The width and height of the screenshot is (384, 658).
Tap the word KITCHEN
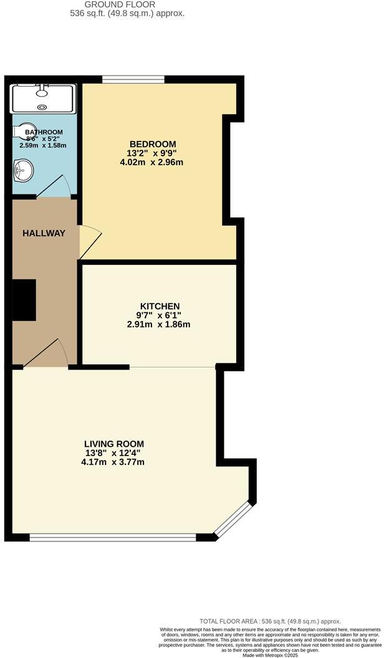pyautogui.click(x=160, y=306)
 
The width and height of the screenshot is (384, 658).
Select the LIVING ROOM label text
pyautogui.click(x=114, y=444)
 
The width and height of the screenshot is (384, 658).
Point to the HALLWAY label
pyautogui.click(x=44, y=233)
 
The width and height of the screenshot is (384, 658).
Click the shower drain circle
pyautogui.click(x=42, y=107)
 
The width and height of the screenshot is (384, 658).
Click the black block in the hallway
pyautogui.click(x=25, y=300)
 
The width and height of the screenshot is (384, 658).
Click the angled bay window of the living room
pyautogui.click(x=234, y=518)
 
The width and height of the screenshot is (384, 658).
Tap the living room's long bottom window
pyautogui.click(x=113, y=536)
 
